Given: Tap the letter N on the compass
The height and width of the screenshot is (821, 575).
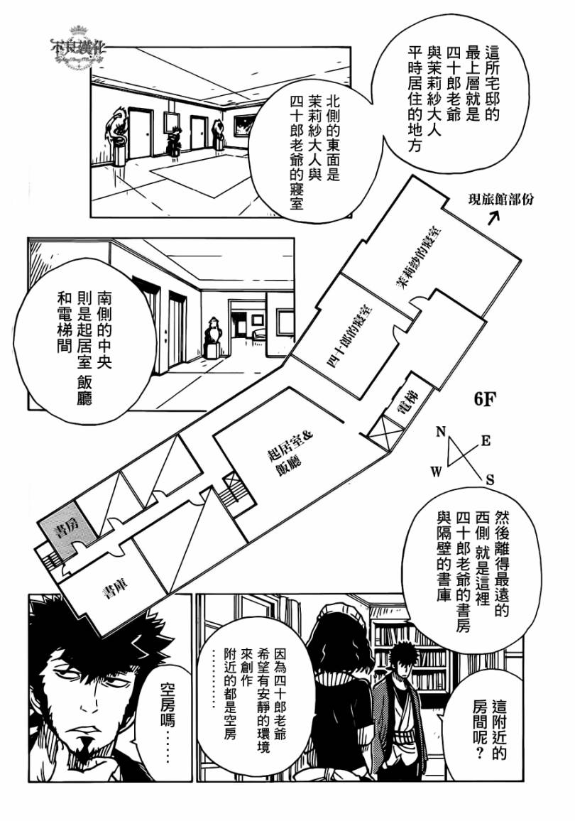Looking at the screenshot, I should coord(440,431).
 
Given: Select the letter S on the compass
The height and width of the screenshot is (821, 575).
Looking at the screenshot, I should coord(490,480).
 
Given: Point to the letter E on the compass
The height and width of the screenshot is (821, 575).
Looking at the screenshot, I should coord(486,440).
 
